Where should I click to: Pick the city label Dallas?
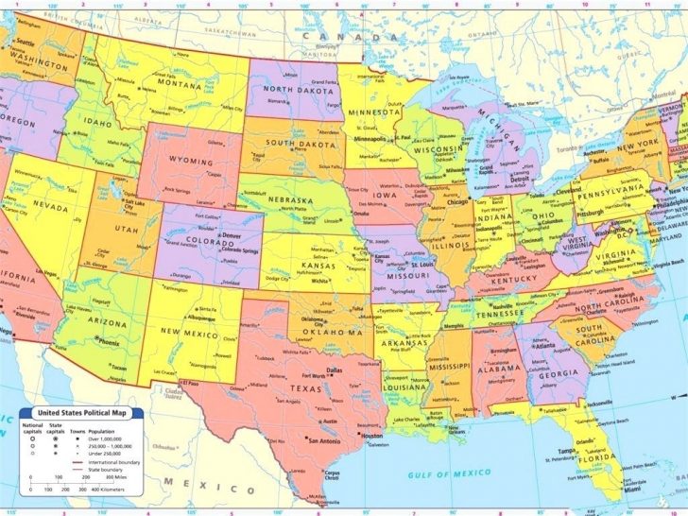tap(334, 370)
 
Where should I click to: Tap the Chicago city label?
tap(458, 202)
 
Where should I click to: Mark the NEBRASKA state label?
tap(289, 201)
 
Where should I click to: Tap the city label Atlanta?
tap(542, 346)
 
